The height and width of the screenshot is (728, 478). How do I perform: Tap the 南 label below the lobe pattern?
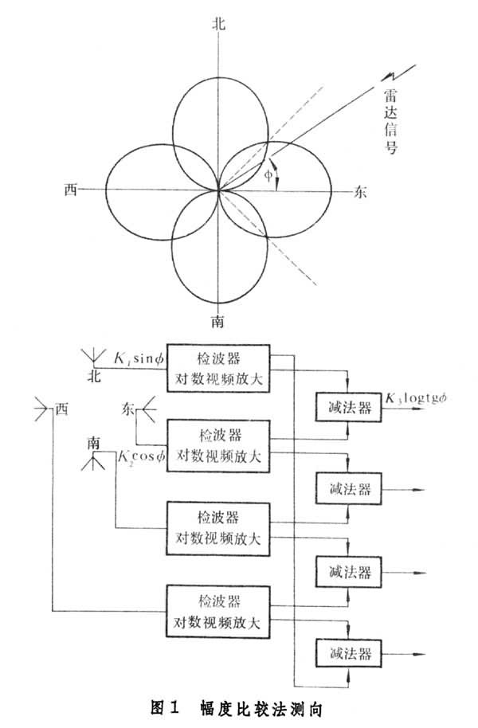click(x=217, y=321)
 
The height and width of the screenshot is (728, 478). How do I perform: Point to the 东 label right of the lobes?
click(x=360, y=191)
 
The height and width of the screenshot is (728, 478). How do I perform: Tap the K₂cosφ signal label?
click(x=140, y=456)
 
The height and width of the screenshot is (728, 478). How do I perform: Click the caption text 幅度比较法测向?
click(x=269, y=706)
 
